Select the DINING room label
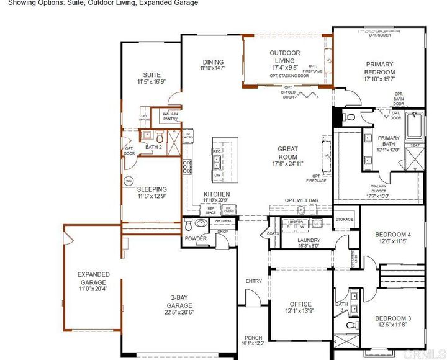pos(212,62)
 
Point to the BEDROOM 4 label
pos(393,235)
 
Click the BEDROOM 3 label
pos(393,318)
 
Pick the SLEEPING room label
pos(151,189)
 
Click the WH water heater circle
pos(129,181)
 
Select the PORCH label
pos(253,338)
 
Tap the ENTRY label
pos(253,281)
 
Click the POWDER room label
pos(195,238)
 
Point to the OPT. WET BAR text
pos(302,200)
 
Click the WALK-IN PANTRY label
pos(170,116)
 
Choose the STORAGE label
pos(344,219)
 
